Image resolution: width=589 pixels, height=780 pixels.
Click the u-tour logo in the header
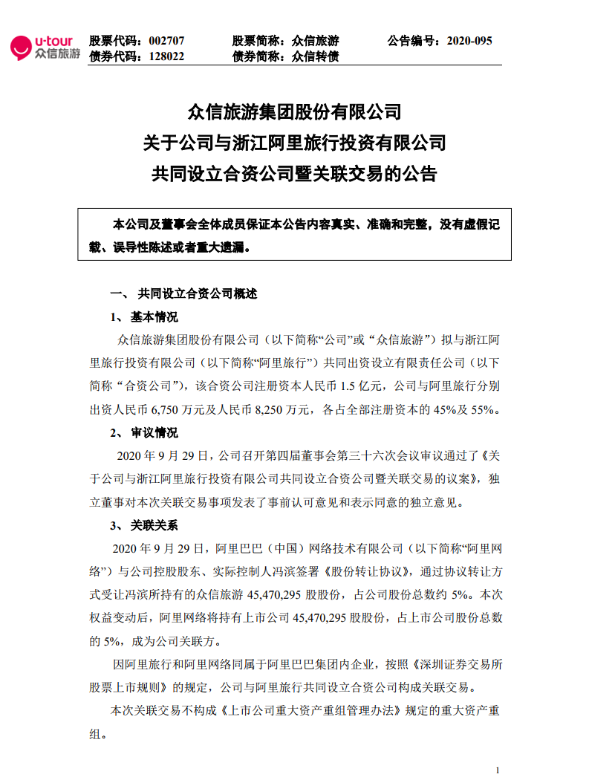pos(45,48)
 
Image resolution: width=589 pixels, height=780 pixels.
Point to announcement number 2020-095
pos(468,41)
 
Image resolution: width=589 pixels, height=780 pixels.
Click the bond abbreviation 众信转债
pos(316,56)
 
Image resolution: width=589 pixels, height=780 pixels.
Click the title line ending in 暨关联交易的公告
pos(294,175)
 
